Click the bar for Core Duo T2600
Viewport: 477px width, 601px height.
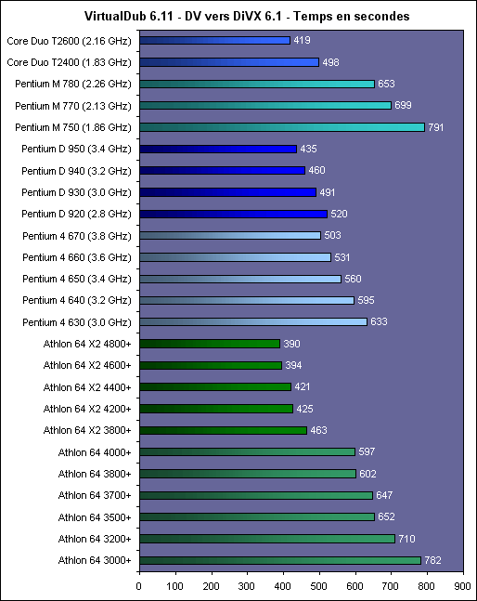coord(214,40)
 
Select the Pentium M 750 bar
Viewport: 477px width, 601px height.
coord(282,127)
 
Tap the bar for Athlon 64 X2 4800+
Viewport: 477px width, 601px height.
coord(210,344)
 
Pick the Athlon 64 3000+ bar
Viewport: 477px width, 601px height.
coord(280,560)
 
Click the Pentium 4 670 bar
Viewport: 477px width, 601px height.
coord(230,235)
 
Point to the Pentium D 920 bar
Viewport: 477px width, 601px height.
coord(234,214)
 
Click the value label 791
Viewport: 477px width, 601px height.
coord(435,127)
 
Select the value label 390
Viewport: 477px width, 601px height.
coord(291,344)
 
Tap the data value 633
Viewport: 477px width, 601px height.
coord(379,321)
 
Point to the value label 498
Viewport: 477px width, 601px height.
coord(330,62)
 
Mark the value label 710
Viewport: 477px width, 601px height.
coord(406,539)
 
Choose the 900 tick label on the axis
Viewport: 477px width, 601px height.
coord(462,586)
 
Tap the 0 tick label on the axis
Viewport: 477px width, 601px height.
coord(138,586)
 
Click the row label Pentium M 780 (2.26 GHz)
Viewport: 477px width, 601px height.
coord(73,84)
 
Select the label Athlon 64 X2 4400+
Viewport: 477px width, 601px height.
coord(87,387)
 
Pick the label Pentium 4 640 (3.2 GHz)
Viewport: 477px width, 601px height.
coord(77,300)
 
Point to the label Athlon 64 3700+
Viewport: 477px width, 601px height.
coord(95,496)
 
